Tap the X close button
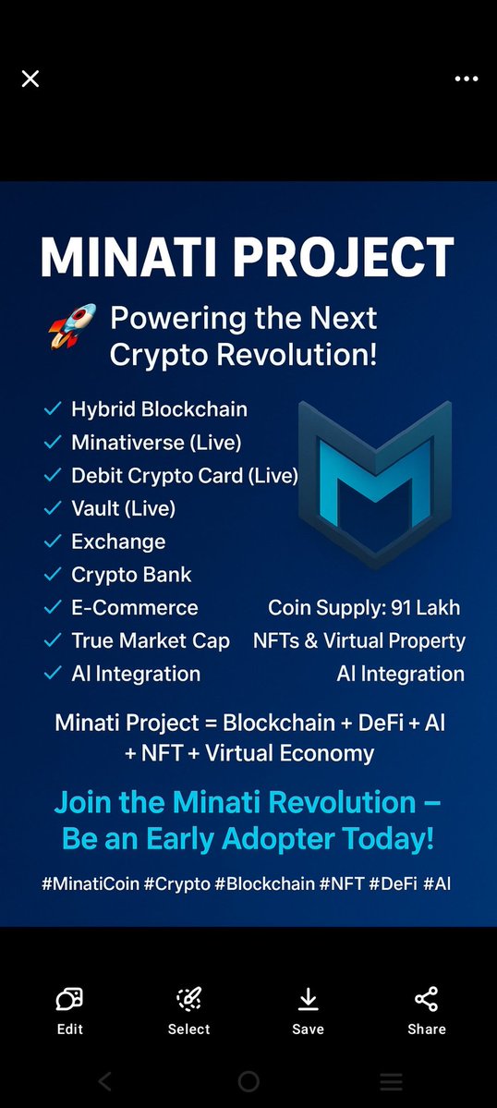coord(30,79)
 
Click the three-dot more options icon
coord(467,79)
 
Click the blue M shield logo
coord(375,481)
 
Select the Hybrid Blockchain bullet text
coord(159,408)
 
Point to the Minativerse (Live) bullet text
coord(156,442)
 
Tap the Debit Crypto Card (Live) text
coord(185,475)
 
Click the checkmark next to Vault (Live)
coord(53,508)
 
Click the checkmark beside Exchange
coord(53,542)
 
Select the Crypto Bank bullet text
coord(131,575)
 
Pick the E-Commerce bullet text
coord(135,608)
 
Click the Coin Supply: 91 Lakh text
coord(364,608)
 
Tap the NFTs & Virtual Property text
coord(359,640)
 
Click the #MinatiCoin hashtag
coord(91,883)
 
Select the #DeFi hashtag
coord(392,883)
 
